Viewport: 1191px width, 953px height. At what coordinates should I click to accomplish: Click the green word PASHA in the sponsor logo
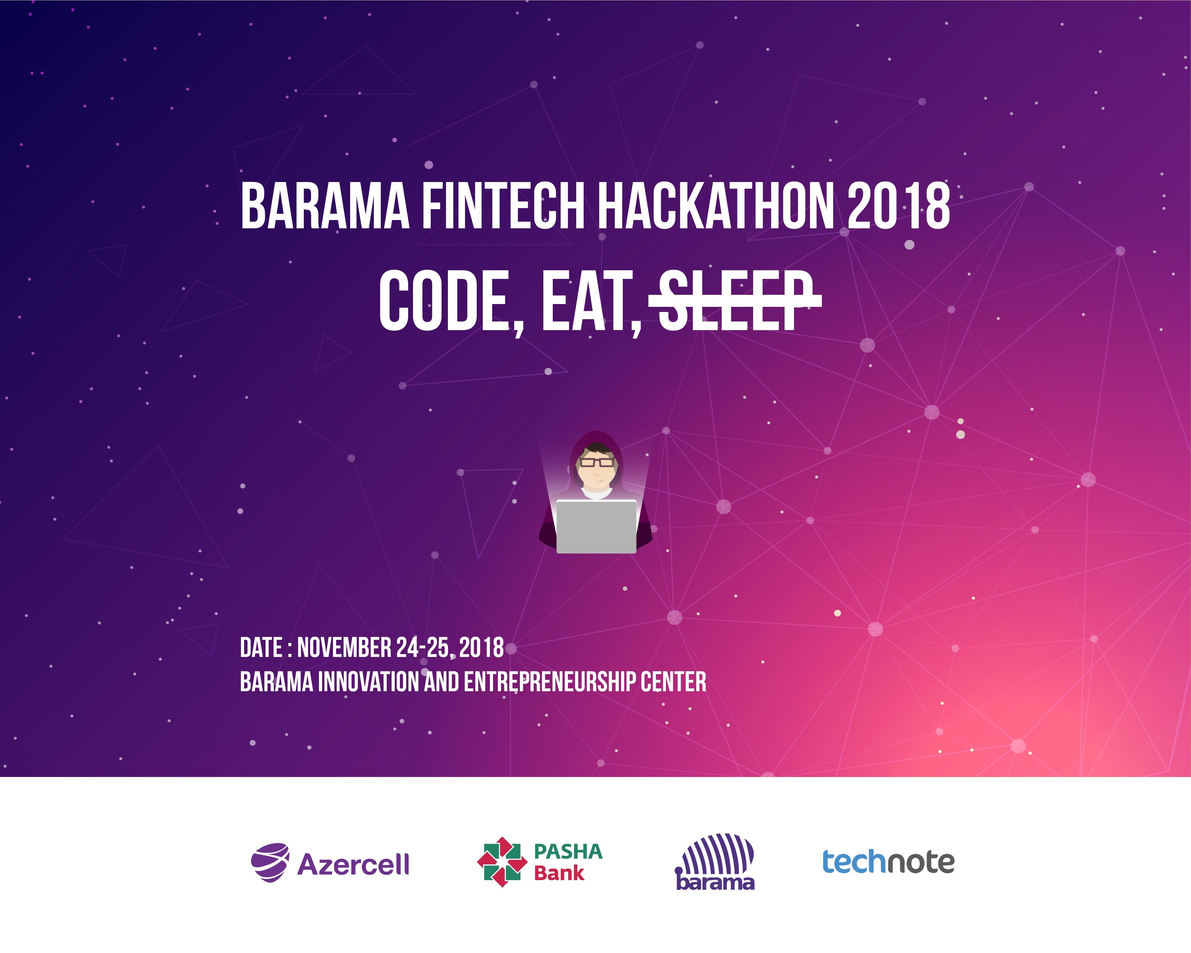[568, 851]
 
